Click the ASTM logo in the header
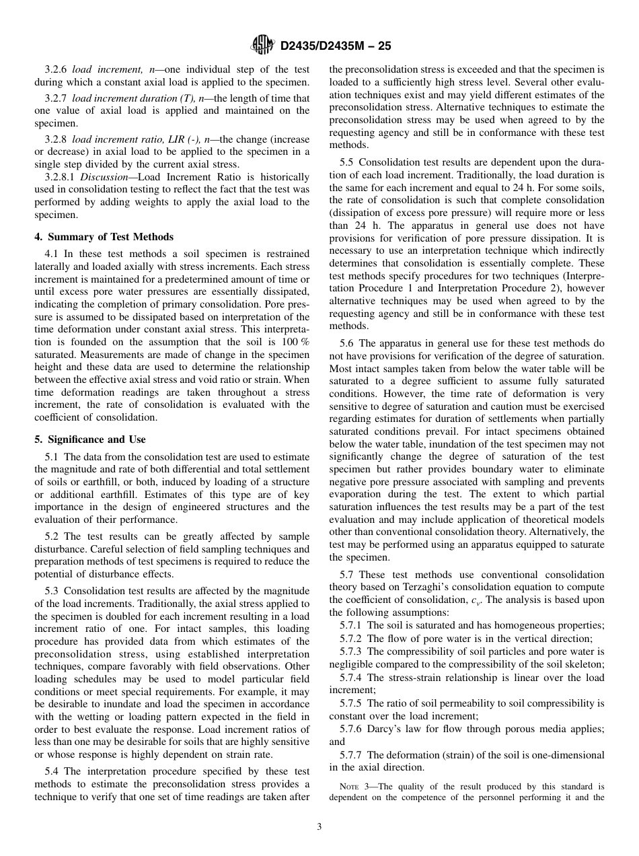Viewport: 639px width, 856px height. pyautogui.click(x=262, y=45)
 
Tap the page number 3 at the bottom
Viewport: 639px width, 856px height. pyautogui.click(x=319, y=826)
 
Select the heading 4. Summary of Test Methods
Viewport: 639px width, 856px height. pyautogui.click(x=104, y=237)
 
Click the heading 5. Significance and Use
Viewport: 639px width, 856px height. pyautogui.click(x=90, y=439)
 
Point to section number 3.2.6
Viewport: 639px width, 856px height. pyautogui.click(x=56, y=70)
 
